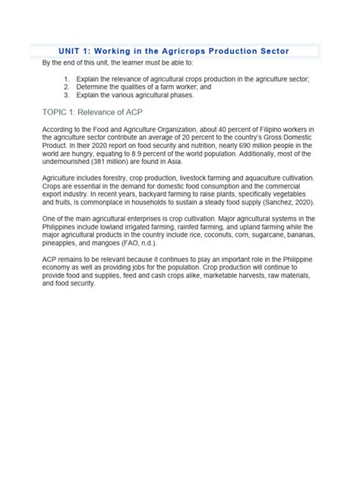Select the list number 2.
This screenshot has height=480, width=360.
tap(67, 87)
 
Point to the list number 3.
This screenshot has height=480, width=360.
tap(67, 96)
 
